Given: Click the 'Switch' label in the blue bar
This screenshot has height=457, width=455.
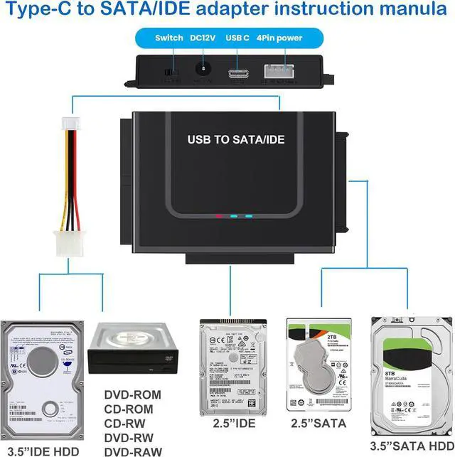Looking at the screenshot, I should (169, 38).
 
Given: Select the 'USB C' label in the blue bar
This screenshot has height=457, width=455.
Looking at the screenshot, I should (237, 38).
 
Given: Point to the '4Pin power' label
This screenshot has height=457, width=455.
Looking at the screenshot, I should (279, 38).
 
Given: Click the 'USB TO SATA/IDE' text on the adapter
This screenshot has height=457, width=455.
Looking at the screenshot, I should (235, 139).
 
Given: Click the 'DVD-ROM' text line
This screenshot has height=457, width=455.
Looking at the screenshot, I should (132, 394).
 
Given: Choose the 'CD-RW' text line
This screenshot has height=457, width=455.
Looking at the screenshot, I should (127, 423).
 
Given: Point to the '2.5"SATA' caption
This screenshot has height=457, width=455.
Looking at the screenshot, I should (318, 424).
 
